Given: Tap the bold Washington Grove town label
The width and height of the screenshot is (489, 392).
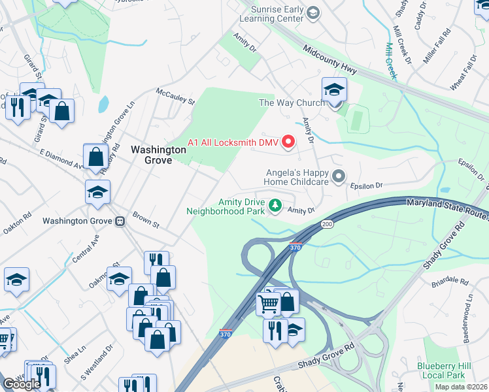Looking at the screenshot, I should (x=158, y=154).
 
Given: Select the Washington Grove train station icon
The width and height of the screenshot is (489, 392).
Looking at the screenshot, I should (x=120, y=221).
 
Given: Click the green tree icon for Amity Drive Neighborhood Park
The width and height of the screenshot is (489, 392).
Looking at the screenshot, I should (x=276, y=206).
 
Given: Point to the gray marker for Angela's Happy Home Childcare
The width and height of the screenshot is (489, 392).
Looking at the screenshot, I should (x=339, y=176).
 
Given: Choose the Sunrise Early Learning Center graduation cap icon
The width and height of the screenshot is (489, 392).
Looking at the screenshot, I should (x=314, y=12).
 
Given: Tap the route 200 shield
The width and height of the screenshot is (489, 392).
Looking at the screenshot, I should (x=326, y=224).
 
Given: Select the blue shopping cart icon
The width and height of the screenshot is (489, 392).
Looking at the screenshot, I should (x=268, y=302).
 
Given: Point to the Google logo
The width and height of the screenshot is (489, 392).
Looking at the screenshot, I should (x=22, y=384).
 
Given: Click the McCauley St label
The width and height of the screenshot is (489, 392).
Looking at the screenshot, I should (x=175, y=97).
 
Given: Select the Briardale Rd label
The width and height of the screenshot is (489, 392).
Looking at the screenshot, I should (x=450, y=283).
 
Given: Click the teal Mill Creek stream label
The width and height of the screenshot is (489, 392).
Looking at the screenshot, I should (x=390, y=61).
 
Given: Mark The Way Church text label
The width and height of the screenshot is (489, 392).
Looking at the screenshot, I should (x=292, y=103).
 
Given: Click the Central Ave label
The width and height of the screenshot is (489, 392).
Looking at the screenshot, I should (x=85, y=250).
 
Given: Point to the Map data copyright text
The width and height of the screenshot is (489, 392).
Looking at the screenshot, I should (x=461, y=387).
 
